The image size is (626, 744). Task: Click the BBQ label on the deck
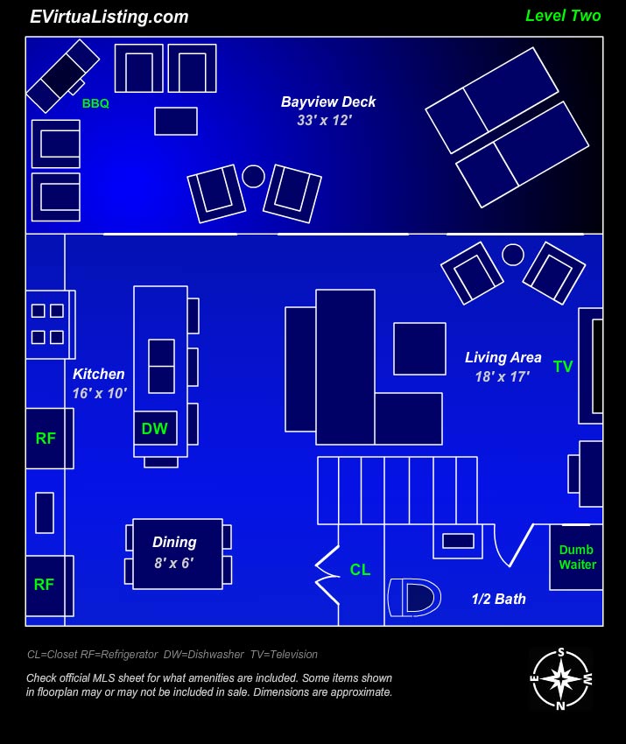95,103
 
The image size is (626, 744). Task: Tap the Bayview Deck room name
328,102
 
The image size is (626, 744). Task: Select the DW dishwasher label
155,429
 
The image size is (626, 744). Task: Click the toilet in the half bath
414,597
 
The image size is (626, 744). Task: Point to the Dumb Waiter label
577,557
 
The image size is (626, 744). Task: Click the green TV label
563,367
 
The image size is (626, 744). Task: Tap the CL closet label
360,570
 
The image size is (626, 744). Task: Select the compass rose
561,679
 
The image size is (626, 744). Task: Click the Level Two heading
563,16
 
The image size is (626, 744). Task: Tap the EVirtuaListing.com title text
109,18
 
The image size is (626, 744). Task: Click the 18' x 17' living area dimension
503,376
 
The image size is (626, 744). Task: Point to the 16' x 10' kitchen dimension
100,393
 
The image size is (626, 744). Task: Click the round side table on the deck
253,176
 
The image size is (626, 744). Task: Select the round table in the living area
513,255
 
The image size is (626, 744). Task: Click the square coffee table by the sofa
419,348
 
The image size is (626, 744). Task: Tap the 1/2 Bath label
499,599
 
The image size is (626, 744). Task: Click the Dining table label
174,543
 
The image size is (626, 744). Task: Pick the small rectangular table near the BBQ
176,121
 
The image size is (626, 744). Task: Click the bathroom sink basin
458,541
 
